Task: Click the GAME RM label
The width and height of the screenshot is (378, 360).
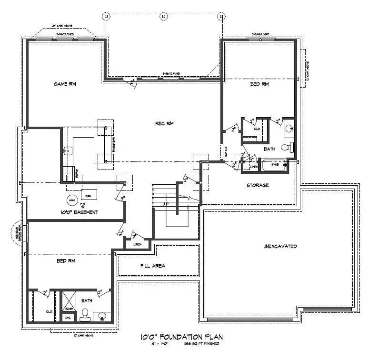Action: pos(65,84)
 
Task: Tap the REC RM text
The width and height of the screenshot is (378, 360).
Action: pos(164,123)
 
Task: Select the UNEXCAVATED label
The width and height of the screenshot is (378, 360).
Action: pos(280,246)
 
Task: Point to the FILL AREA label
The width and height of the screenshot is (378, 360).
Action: pos(153,266)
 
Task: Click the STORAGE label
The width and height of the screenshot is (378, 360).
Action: pos(258,185)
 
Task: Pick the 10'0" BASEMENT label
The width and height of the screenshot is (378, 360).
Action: pos(79,212)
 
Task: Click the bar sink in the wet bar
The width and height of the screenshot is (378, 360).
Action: pos(67,151)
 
